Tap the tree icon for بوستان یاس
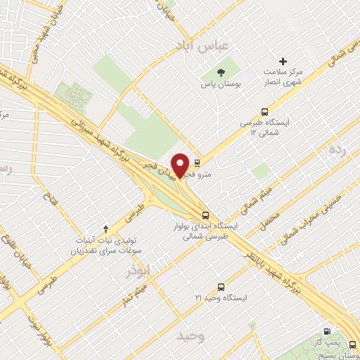[x=220, y=72]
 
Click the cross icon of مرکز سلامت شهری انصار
[x=284, y=61]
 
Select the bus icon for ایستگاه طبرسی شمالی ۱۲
[x=265, y=111]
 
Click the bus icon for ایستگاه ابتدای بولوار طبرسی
[x=205, y=215]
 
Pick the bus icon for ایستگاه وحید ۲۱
[x=221, y=287]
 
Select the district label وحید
[x=191, y=334]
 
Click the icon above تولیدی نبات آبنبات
[x=105, y=228]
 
